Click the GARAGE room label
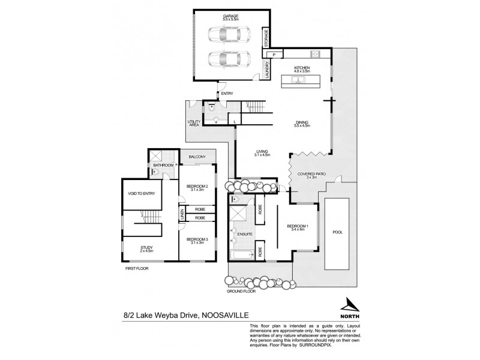(x=227, y=16)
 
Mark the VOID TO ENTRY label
(x=142, y=193)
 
